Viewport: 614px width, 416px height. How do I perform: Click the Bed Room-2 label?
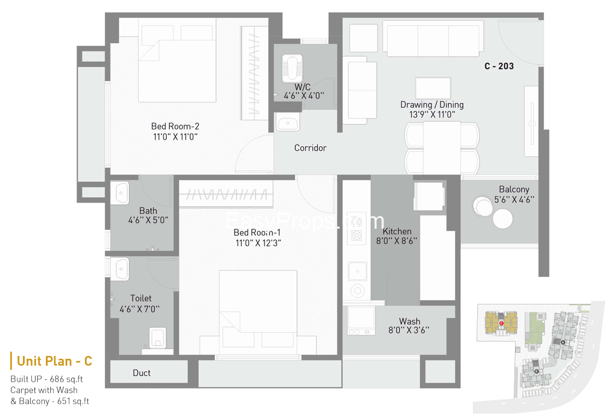point(175,126)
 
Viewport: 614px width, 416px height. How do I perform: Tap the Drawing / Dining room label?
point(432,104)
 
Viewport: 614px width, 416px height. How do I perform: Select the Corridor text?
point(310,148)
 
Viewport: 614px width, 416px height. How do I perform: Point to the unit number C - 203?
point(499,66)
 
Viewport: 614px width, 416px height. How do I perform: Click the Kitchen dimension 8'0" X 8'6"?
point(397,241)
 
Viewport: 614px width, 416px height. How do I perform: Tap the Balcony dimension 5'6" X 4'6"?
point(514,199)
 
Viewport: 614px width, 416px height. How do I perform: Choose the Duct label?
point(142,373)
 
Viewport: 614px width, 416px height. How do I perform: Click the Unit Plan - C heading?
point(55,361)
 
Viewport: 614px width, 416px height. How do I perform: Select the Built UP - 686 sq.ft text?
point(46,379)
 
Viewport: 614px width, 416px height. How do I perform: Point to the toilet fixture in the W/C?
point(293,68)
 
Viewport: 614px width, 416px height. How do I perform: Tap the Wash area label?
point(409,321)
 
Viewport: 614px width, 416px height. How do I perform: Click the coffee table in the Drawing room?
point(432,88)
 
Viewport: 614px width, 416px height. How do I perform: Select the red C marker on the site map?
point(501,323)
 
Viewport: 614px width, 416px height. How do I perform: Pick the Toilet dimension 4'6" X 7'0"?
point(139,309)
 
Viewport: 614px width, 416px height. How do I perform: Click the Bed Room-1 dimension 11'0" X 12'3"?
point(258,243)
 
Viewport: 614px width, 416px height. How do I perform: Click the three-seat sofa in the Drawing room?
point(433,39)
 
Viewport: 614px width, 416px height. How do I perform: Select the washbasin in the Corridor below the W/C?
point(288,122)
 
